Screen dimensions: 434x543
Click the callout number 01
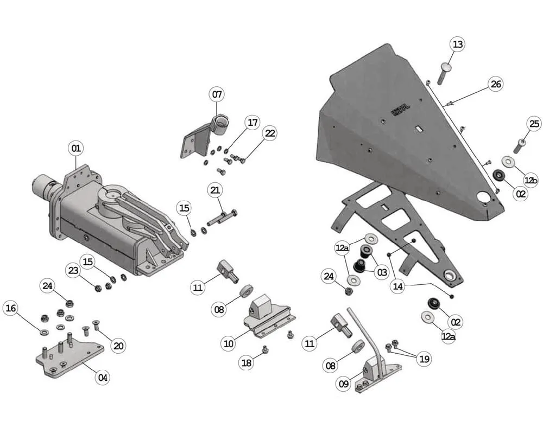[76, 148]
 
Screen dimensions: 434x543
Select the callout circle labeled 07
[217, 95]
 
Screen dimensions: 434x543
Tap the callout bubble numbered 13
[457, 44]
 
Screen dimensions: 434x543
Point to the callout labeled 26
[495, 84]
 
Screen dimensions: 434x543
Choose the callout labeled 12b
[531, 180]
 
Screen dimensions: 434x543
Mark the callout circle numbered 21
[215, 190]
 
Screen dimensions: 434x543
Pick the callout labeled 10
[229, 343]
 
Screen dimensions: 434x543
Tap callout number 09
[344, 384]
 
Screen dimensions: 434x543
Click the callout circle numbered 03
[382, 272]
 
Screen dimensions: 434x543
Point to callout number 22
[269, 133]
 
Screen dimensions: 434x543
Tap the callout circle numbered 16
[10, 309]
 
